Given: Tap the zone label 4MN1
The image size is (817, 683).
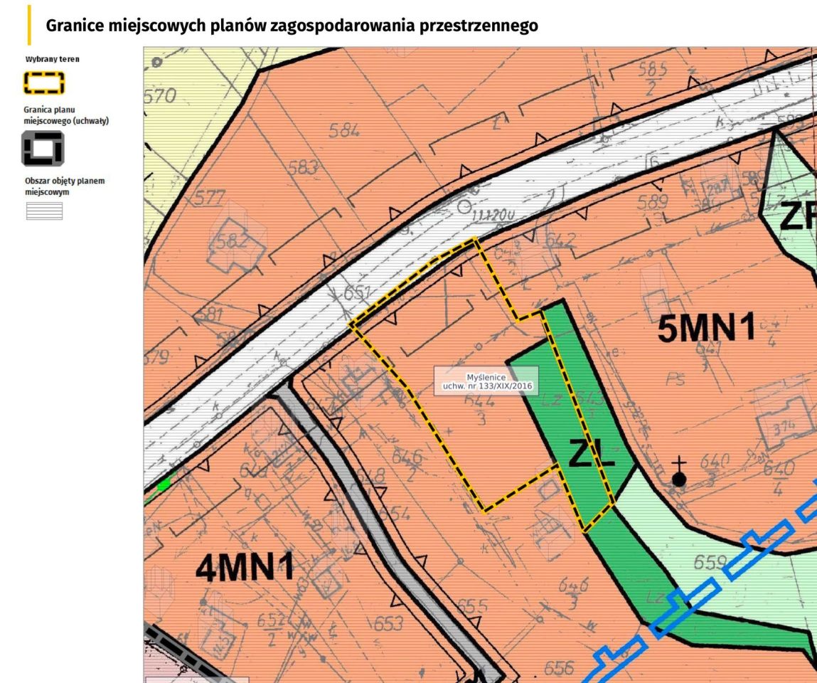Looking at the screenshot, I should tap(245, 570).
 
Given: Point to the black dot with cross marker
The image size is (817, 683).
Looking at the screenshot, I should tap(679, 478).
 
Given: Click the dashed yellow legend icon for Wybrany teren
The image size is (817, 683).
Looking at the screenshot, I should tap(44, 83).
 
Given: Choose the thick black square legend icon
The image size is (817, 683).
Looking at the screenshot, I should tap(44, 148).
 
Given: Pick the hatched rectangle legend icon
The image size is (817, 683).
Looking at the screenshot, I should tap(44, 211).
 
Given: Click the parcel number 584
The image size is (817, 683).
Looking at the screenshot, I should tap(344, 130).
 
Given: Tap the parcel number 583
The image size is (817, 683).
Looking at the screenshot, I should tap(304, 168).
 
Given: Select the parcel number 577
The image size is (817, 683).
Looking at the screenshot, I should tap(209, 198).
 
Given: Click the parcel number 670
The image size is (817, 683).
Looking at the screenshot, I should tap(159, 96).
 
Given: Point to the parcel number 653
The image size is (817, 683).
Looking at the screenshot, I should tap(388, 624).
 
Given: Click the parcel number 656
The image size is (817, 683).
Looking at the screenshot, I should tap(558, 668).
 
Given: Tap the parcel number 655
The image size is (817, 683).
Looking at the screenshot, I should tap(472, 606).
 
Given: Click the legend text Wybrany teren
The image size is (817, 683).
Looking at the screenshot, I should tap(52, 59).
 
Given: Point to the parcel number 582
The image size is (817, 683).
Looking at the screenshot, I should tap(233, 240).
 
